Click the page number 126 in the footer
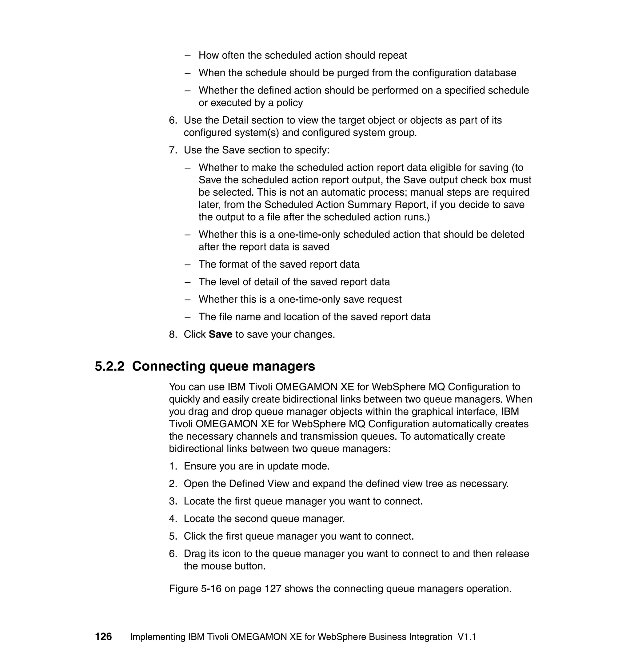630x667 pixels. pyautogui.click(x=103, y=637)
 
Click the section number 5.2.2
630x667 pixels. pyautogui.click(x=110, y=366)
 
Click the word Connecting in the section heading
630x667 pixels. pyautogui.click(x=168, y=366)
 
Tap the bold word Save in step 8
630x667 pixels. pyautogui.click(x=220, y=334)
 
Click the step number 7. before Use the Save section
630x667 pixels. pyautogui.click(x=173, y=150)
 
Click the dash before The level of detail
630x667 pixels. pyautogui.click(x=188, y=282)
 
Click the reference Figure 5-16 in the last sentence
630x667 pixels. pyautogui.click(x=195, y=589)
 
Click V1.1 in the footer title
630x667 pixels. pyautogui.click(x=467, y=637)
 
